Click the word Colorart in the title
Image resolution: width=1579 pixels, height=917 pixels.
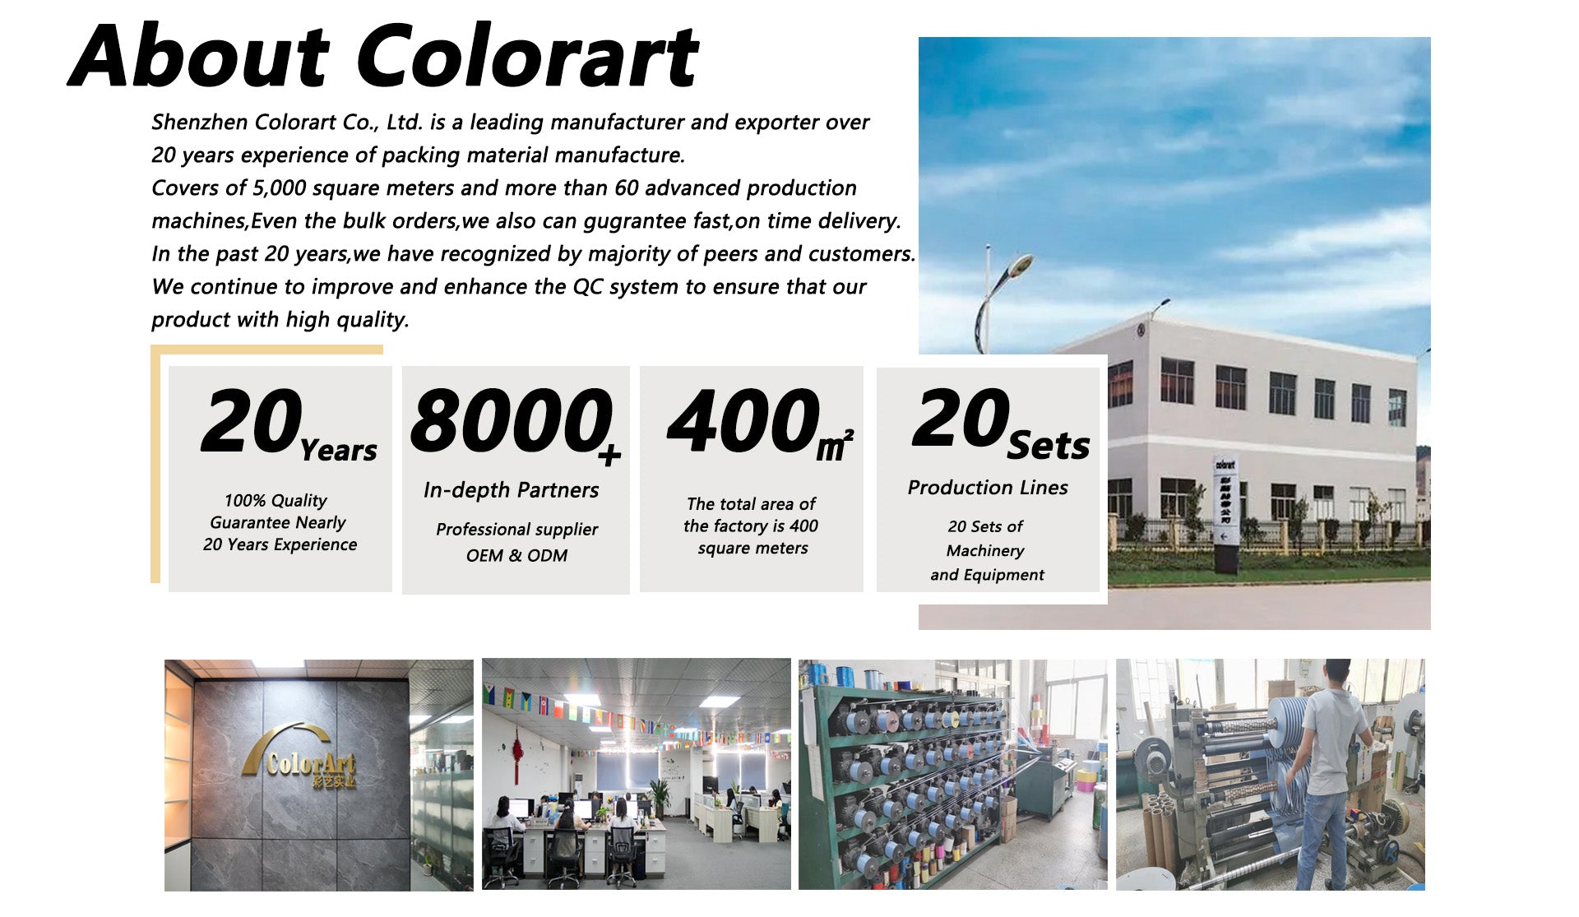(527, 56)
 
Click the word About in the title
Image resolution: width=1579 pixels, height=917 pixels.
(200, 56)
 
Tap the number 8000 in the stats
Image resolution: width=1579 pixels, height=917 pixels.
(510, 420)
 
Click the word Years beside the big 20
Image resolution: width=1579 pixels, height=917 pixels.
(338, 451)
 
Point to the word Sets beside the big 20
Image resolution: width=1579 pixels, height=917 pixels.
(1049, 446)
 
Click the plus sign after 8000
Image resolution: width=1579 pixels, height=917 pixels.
(609, 455)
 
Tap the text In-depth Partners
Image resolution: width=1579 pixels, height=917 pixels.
(511, 490)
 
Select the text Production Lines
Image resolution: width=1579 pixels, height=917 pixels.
(988, 488)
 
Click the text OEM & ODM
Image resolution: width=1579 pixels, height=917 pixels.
(516, 555)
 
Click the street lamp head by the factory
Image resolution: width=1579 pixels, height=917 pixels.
(1019, 266)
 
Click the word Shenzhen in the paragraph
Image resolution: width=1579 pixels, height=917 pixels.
(200, 122)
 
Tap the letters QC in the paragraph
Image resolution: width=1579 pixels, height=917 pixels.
(588, 287)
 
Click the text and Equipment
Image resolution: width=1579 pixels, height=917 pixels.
(987, 575)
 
